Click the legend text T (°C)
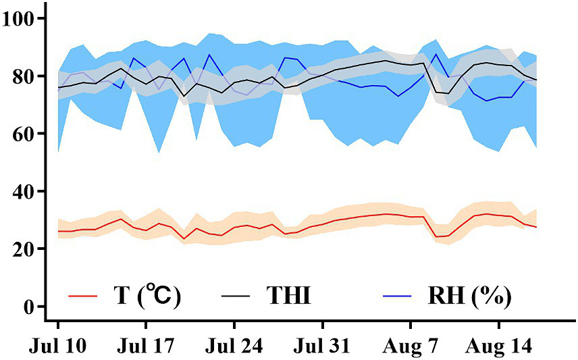[147, 295]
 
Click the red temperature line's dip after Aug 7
[437, 236]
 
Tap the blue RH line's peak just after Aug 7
[436, 54]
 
